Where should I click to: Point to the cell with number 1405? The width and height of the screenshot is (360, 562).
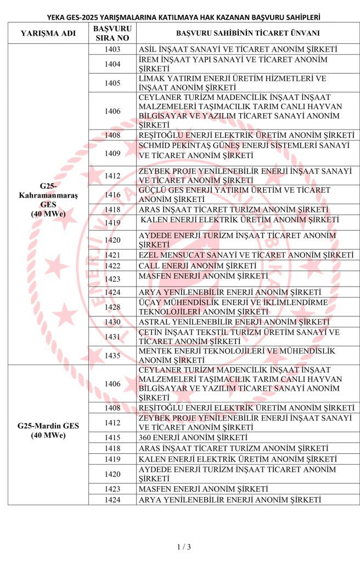112,83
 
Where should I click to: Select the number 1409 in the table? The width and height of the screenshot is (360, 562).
112,153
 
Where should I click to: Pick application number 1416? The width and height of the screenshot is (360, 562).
112,194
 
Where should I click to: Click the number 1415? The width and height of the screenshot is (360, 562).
112,437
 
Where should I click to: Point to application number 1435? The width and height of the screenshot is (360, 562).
112,355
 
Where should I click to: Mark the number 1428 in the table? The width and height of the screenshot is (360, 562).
112,307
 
